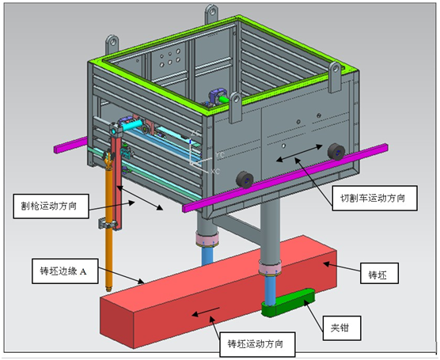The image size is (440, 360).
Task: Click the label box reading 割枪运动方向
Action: click(51, 206)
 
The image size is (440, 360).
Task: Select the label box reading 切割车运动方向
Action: click(374, 198)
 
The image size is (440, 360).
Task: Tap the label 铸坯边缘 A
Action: click(65, 271)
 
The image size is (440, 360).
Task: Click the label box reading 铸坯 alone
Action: click(379, 273)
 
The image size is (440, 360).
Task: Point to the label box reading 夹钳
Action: click(342, 328)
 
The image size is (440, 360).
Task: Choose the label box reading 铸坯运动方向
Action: click(257, 344)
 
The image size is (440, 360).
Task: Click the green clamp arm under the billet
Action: click(288, 302)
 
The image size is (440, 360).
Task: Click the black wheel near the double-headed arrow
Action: click(336, 152)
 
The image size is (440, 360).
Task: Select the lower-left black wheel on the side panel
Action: click(245, 180)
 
